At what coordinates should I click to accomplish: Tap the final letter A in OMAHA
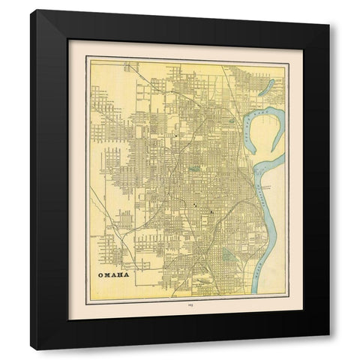coord(125,275)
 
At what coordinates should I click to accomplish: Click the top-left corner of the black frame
coord(31,11)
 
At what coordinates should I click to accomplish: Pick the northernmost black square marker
coord(176,136)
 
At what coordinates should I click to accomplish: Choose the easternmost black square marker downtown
coord(212,212)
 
